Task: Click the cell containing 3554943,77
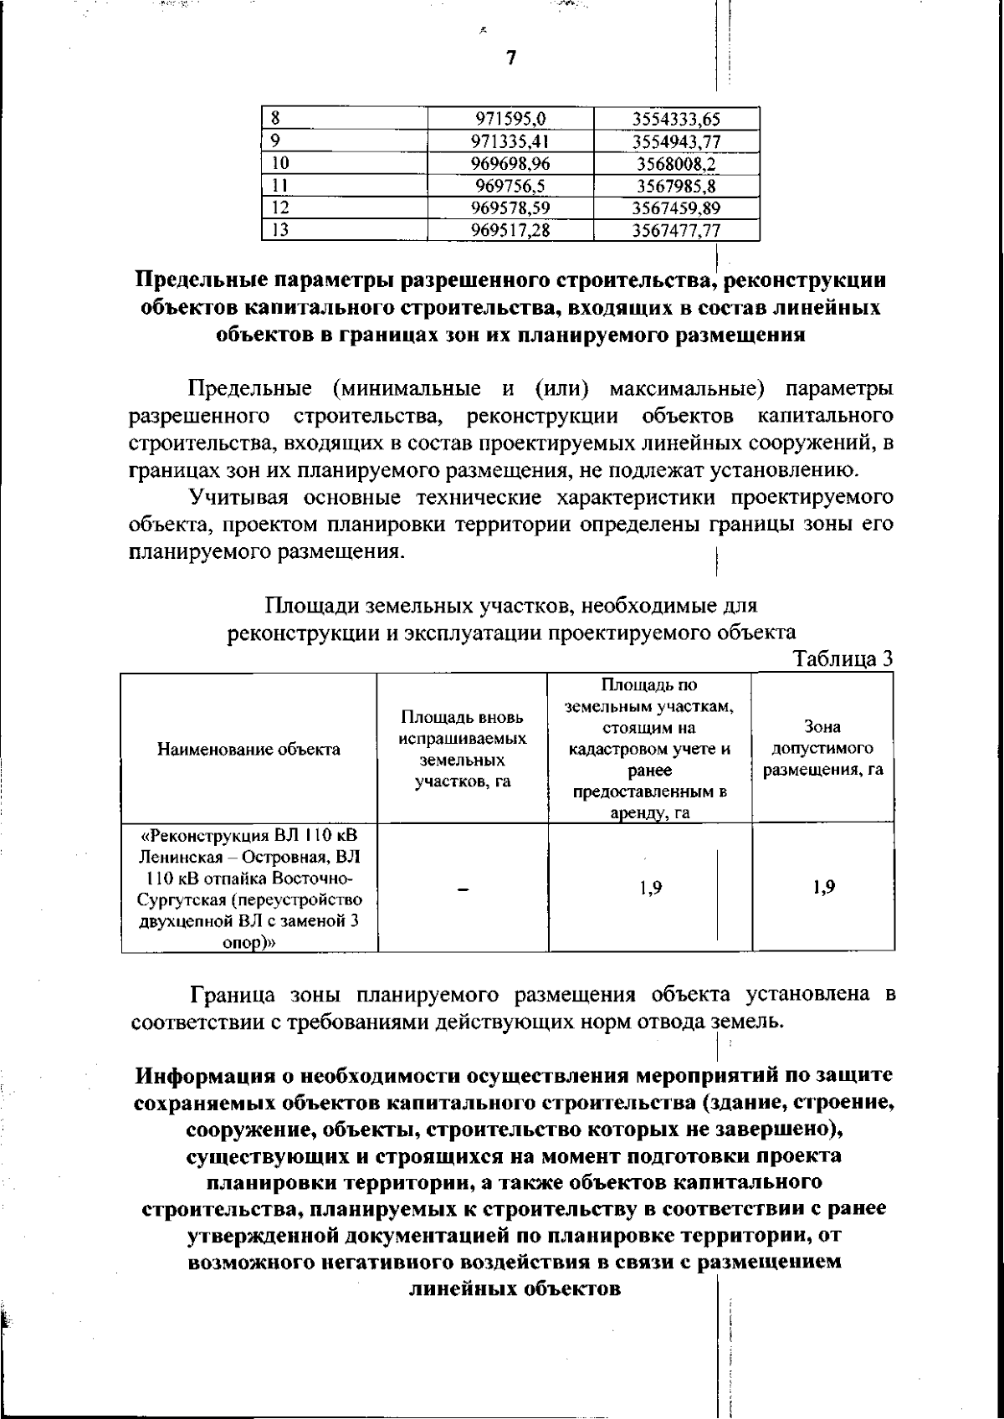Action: pos(676,141)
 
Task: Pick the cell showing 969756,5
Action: pos(510,186)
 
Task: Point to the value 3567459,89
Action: pos(676,207)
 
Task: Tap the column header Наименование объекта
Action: pos(248,750)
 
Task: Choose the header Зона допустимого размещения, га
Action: pos(822,748)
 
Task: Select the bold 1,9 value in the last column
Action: pos(822,888)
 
